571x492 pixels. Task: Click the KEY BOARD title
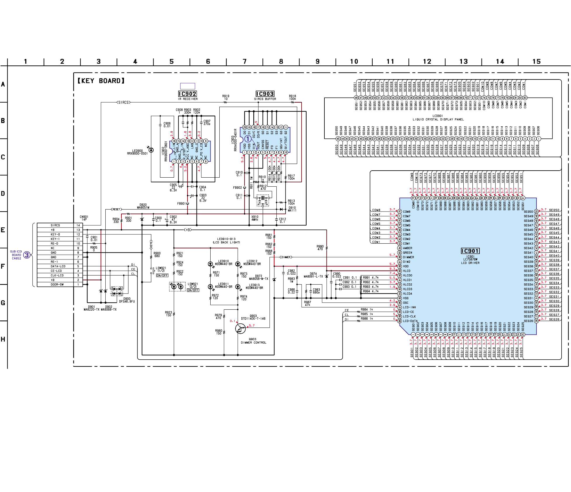tap(101, 81)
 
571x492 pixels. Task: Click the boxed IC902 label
tap(188, 94)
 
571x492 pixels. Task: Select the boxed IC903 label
tap(265, 94)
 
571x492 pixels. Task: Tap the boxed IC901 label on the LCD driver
tap(470, 251)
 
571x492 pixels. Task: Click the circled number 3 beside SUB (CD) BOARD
tap(27, 255)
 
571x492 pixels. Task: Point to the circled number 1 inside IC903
tap(248, 139)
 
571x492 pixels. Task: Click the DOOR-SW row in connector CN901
tap(57, 285)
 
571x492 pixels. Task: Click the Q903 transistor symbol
tap(240, 328)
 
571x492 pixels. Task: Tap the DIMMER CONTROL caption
tap(253, 343)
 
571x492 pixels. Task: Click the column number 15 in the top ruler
tap(536, 62)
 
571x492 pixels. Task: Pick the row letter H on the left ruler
tap(3, 339)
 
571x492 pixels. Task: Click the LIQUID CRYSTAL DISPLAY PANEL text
tap(438, 119)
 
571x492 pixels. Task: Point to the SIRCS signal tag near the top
tap(123, 103)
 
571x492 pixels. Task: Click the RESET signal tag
tap(116, 209)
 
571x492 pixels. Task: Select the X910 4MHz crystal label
tap(255, 218)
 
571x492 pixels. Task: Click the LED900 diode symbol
tap(151, 150)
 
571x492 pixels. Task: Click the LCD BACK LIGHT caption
tap(226, 242)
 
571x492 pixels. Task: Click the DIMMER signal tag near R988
tap(285, 257)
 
